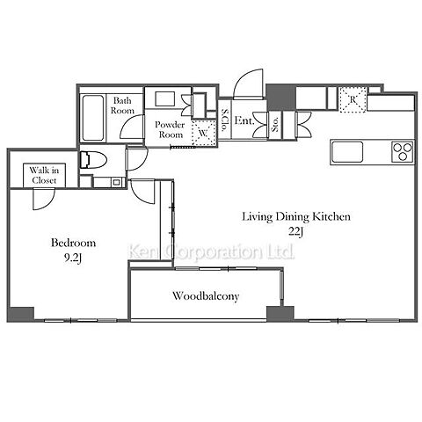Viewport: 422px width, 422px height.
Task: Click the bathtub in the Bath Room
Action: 93,118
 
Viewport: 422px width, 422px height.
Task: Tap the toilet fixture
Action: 93,160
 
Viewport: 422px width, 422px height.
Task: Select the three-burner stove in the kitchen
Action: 403,151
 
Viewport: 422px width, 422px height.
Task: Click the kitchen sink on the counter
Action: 347,151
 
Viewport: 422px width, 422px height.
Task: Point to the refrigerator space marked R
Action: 353,99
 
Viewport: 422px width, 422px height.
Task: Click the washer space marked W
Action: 203,133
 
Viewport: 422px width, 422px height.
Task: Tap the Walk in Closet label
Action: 44,175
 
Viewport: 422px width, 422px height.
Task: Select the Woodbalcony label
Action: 206,296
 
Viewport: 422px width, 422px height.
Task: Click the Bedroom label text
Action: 73,243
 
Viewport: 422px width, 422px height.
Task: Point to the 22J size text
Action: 295,232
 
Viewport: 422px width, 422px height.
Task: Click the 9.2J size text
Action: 72,258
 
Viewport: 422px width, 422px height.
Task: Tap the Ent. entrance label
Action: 244,120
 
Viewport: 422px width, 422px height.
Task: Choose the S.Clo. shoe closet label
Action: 224,120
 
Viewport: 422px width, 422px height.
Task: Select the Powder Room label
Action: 170,129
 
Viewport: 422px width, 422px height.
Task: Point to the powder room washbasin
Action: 165,99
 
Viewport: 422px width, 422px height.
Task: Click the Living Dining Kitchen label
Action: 296,217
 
